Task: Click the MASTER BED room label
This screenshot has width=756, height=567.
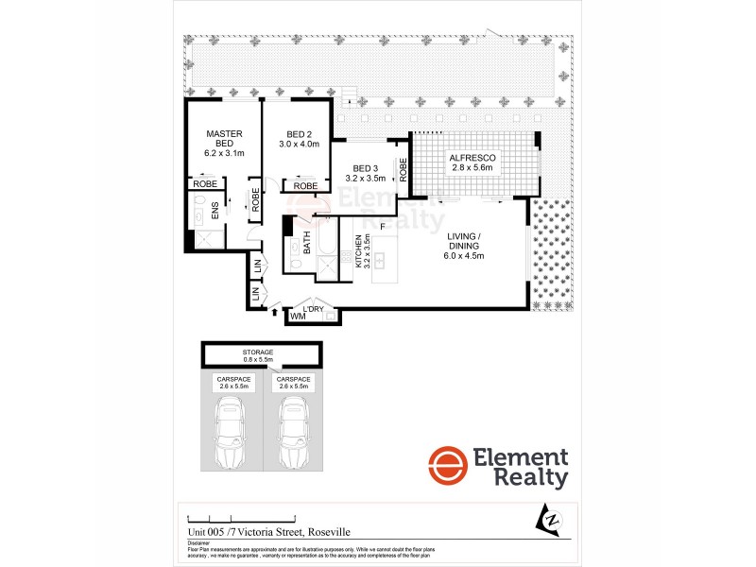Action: [x=225, y=139]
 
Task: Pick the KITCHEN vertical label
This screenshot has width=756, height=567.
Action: [x=359, y=252]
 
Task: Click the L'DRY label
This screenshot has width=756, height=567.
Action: [x=313, y=308]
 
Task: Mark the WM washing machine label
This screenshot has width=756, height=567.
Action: [x=298, y=318]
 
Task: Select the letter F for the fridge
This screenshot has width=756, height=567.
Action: [x=383, y=228]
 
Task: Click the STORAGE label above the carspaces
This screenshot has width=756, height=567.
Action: [x=257, y=352]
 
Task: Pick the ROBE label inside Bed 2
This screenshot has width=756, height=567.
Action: [x=305, y=186]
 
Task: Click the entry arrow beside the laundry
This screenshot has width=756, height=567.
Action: [x=275, y=309]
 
